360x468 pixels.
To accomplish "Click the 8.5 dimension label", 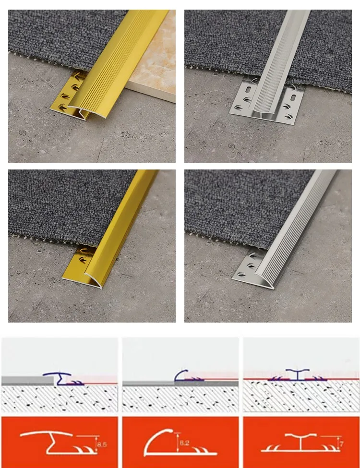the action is point(102,444).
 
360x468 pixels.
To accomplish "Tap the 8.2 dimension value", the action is point(184,443).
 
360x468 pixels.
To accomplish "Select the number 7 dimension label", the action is point(341,444).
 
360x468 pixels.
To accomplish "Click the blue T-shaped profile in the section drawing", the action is point(297,375).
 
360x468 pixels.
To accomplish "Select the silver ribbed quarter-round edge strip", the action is point(296,230).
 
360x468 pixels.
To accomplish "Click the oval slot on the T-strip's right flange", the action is point(293,98).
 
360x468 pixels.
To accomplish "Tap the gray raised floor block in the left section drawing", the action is point(27,381).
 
